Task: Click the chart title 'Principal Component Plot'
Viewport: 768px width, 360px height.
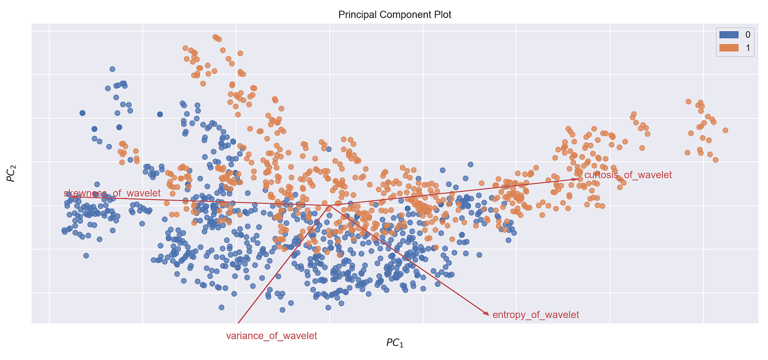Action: coord(394,15)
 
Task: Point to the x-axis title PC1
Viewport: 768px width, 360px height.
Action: coord(395,343)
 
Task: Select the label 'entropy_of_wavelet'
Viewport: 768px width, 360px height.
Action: coord(535,315)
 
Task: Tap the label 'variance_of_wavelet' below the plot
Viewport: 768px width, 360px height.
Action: coord(271,336)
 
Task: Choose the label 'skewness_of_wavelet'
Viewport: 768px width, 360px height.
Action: coord(112,193)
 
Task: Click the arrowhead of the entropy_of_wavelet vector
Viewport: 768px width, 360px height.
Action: coord(487,314)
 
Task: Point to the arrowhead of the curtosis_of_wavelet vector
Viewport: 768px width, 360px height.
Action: coord(577,178)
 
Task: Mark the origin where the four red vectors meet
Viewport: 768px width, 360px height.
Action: coord(329,206)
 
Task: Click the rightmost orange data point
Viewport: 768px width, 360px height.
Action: coord(725,130)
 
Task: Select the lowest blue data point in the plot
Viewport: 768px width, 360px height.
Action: coord(282,310)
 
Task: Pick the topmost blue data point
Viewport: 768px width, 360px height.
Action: coord(112,69)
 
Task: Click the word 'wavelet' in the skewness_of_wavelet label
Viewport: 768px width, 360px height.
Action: coord(144,193)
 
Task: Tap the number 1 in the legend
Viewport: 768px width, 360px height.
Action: coord(747,48)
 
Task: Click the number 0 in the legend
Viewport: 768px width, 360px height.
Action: coord(747,35)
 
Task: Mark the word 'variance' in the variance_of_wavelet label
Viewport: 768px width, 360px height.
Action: coord(245,336)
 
